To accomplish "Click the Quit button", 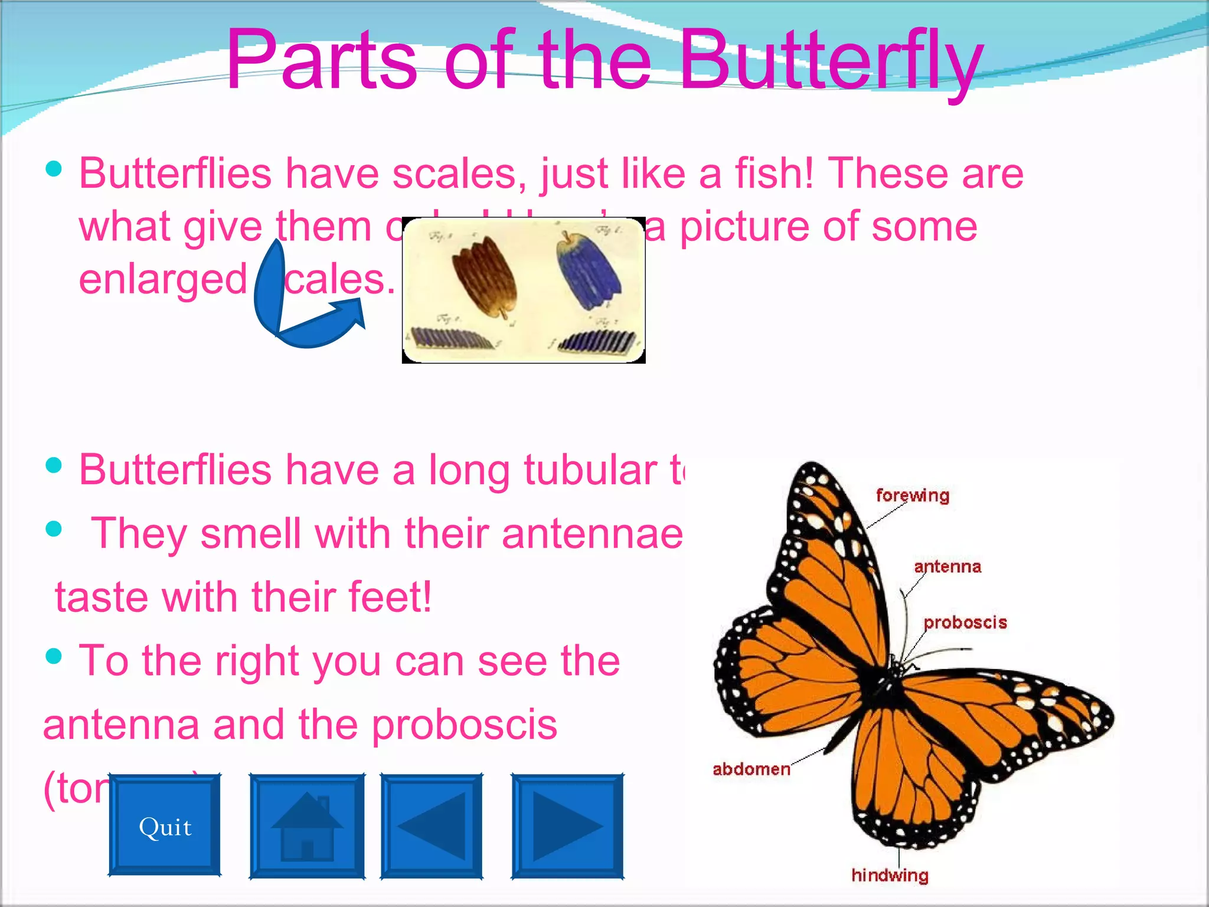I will click(165, 826).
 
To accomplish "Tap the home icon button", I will click(306, 826).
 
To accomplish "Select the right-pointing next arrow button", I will click(567, 826).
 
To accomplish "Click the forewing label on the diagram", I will click(912, 495).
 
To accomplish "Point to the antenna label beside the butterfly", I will click(947, 567).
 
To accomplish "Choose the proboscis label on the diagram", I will click(965, 622).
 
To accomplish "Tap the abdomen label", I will click(751, 769).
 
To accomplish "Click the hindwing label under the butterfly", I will click(890, 875).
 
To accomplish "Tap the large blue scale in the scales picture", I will click(587, 272).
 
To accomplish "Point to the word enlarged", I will click(163, 279).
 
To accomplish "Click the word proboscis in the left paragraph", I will click(465, 725).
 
